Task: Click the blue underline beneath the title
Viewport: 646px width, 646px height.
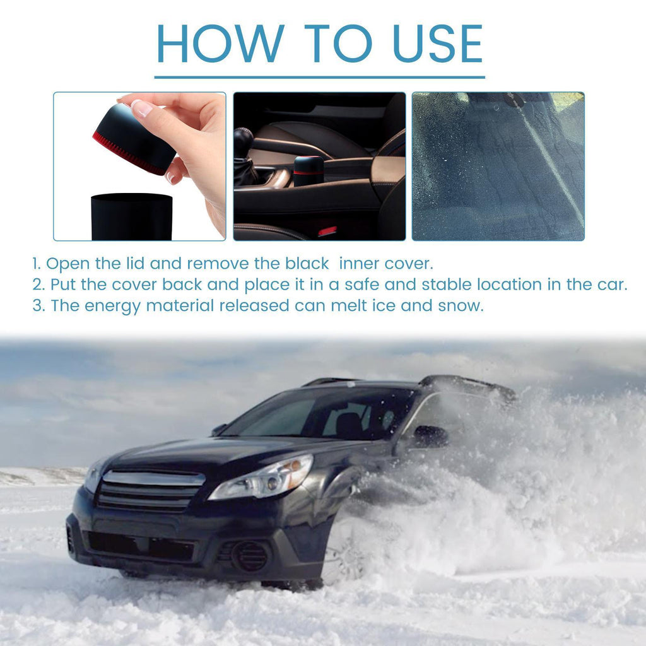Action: point(319,77)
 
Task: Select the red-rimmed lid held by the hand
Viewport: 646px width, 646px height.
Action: point(134,139)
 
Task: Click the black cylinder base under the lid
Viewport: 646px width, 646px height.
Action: point(132,216)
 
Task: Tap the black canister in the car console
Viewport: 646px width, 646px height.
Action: point(308,170)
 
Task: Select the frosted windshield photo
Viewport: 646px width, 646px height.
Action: point(498,166)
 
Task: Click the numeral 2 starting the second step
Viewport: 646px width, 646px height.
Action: point(37,285)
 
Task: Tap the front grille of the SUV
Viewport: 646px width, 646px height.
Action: point(150,490)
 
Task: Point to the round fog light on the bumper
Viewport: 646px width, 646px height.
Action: point(247,555)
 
